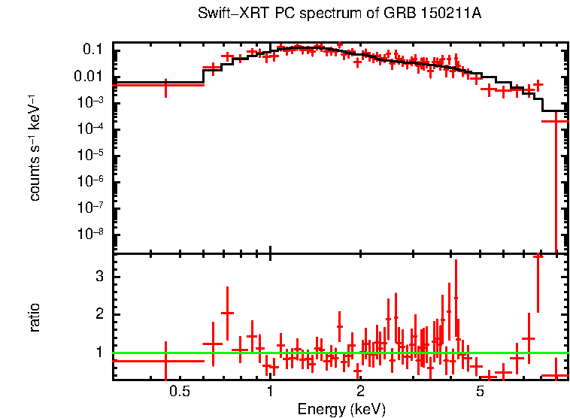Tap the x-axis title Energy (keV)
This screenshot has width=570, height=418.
pos(341,409)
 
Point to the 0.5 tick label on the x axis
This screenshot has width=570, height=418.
pos(179,392)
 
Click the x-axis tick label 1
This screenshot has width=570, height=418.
pos(270,392)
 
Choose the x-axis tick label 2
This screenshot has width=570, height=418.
pos(361,392)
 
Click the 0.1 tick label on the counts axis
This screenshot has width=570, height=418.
pos(92,50)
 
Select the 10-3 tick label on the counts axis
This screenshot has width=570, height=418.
pos(92,102)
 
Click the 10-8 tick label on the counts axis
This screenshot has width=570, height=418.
pos(92,233)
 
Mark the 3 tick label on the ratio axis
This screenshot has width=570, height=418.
pos(99,277)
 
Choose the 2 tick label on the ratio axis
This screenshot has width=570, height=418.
pos(99,314)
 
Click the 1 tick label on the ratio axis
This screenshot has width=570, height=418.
pos(99,352)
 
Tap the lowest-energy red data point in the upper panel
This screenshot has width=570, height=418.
pos(165,86)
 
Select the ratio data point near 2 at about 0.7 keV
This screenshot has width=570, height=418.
pos(227,313)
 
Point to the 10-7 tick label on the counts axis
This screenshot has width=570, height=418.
pos(92,207)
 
